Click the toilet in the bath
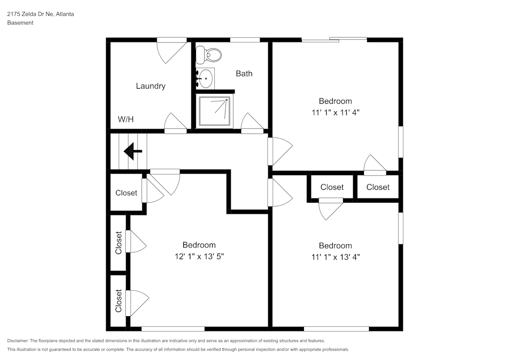pos(210,53)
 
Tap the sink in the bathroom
pos(206,78)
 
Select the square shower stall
pos(214,111)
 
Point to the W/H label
pos(126,120)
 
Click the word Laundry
pos(150,86)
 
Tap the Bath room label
pos(244,73)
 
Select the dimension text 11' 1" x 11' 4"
pos(335,112)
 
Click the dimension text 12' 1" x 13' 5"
pos(199,256)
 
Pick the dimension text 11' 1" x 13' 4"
pos(335,257)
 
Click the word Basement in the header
pos(20,23)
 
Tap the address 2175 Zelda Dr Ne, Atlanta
pos(40,14)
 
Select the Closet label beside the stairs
pos(126,192)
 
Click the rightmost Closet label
pos(378,187)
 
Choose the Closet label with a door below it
pos(332,187)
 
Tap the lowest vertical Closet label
pos(119,301)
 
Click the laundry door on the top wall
pos(171,50)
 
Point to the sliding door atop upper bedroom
pos(334,40)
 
